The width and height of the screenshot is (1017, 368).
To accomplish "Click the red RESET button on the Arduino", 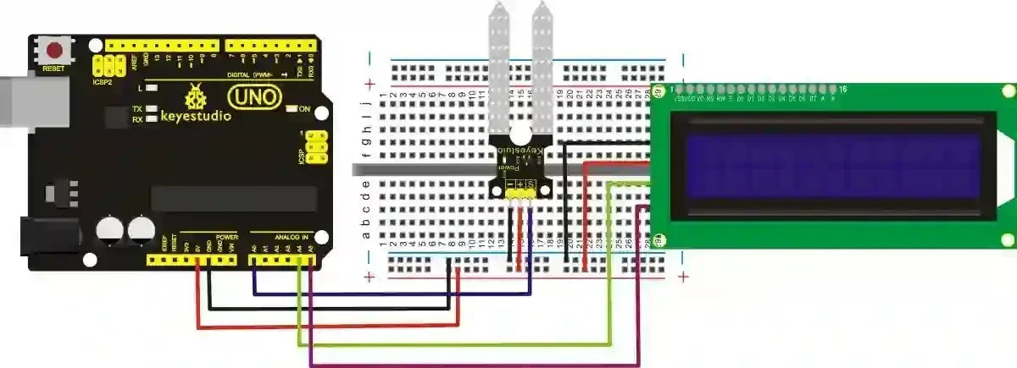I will [57, 50].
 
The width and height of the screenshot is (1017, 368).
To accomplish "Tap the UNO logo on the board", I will [254, 97].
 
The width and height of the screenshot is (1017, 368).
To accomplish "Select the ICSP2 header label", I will [103, 83].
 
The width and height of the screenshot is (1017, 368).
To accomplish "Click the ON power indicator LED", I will [292, 108].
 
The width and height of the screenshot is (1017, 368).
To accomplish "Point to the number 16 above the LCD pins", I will [842, 88].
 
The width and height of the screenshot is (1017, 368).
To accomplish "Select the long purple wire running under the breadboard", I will [475, 365].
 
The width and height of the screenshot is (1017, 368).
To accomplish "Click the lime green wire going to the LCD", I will [458, 345].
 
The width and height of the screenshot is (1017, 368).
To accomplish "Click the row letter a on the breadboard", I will [367, 234].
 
